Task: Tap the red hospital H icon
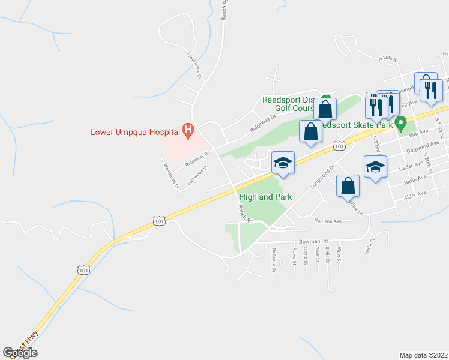(188, 130)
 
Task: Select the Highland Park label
(265, 197)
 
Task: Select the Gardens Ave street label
(329, 220)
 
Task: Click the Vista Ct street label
(369, 244)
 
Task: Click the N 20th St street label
(388, 58)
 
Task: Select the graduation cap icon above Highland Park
(283, 163)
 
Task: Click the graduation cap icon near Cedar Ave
(375, 167)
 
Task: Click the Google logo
(20, 352)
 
